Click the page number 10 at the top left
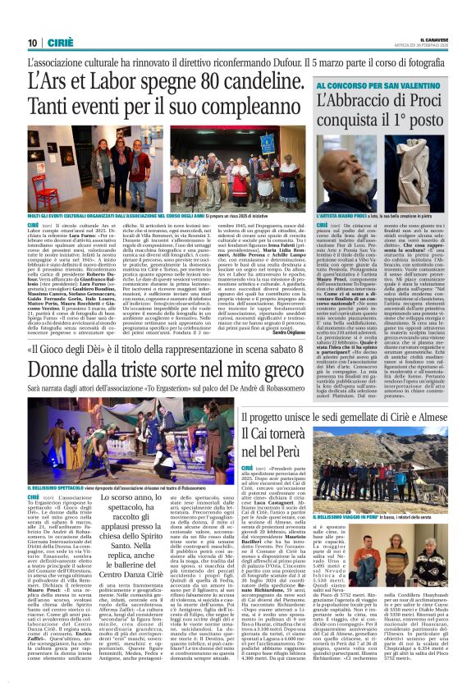click(32, 43)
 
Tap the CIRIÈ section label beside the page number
click(55, 43)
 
